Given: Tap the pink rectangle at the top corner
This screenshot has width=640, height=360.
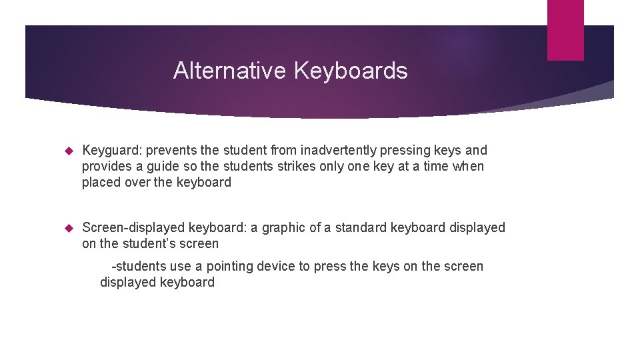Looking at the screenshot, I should (x=565, y=30).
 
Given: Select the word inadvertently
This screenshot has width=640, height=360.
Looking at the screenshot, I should (x=330, y=151).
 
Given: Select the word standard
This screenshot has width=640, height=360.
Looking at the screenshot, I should (x=361, y=228).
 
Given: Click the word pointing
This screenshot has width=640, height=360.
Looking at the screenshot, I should (x=233, y=267).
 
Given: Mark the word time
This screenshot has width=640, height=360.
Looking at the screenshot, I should (x=433, y=167).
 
